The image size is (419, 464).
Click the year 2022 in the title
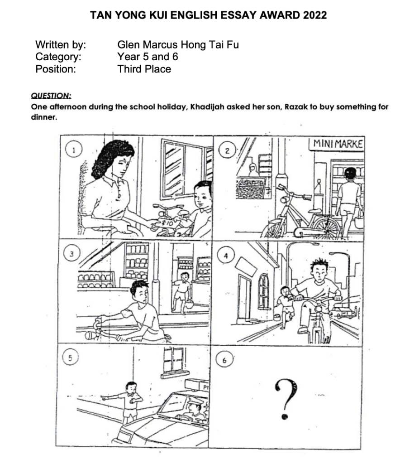(x=314, y=15)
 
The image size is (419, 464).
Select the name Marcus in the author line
(x=160, y=45)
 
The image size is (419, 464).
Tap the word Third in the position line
(x=130, y=69)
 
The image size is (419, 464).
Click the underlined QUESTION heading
(x=51, y=96)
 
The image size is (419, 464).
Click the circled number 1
(x=74, y=150)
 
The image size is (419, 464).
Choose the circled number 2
(x=227, y=151)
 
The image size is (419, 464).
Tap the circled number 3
(x=71, y=254)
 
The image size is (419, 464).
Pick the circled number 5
(x=70, y=358)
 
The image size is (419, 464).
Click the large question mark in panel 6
(x=285, y=400)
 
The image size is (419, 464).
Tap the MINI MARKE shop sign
(x=337, y=144)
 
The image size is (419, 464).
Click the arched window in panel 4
(x=263, y=291)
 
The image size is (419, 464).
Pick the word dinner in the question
(x=44, y=117)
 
